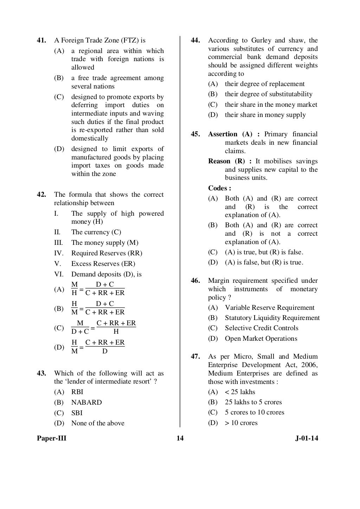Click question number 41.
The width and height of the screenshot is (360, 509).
pos(41,40)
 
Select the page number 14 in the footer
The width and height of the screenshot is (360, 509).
pos(180,438)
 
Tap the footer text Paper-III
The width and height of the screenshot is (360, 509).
pos(52,438)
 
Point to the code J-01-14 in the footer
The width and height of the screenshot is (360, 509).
pos(307,438)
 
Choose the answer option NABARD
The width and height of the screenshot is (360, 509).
pos(86,402)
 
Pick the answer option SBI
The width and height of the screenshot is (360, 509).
pos(77,413)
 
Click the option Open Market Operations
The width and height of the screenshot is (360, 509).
pos(261,339)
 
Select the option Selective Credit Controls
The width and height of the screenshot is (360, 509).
pos(262,328)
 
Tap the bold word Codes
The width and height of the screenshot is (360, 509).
pos(219,188)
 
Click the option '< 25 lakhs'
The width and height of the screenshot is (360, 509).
pos(240,392)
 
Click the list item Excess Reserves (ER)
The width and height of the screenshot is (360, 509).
pos(103,263)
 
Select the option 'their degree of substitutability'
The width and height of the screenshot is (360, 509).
pos(269,94)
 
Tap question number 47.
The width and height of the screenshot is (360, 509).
pos(195,357)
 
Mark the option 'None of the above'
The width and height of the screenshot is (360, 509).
pos(98,423)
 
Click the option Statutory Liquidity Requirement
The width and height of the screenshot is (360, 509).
pos(272,318)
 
